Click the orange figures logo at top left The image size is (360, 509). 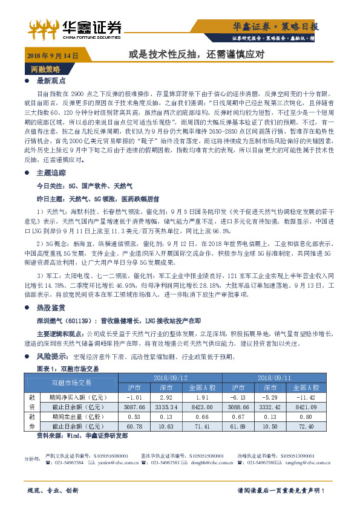(x=43, y=25)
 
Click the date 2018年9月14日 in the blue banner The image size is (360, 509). (x=53, y=55)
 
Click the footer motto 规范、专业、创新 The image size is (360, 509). (x=53, y=490)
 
